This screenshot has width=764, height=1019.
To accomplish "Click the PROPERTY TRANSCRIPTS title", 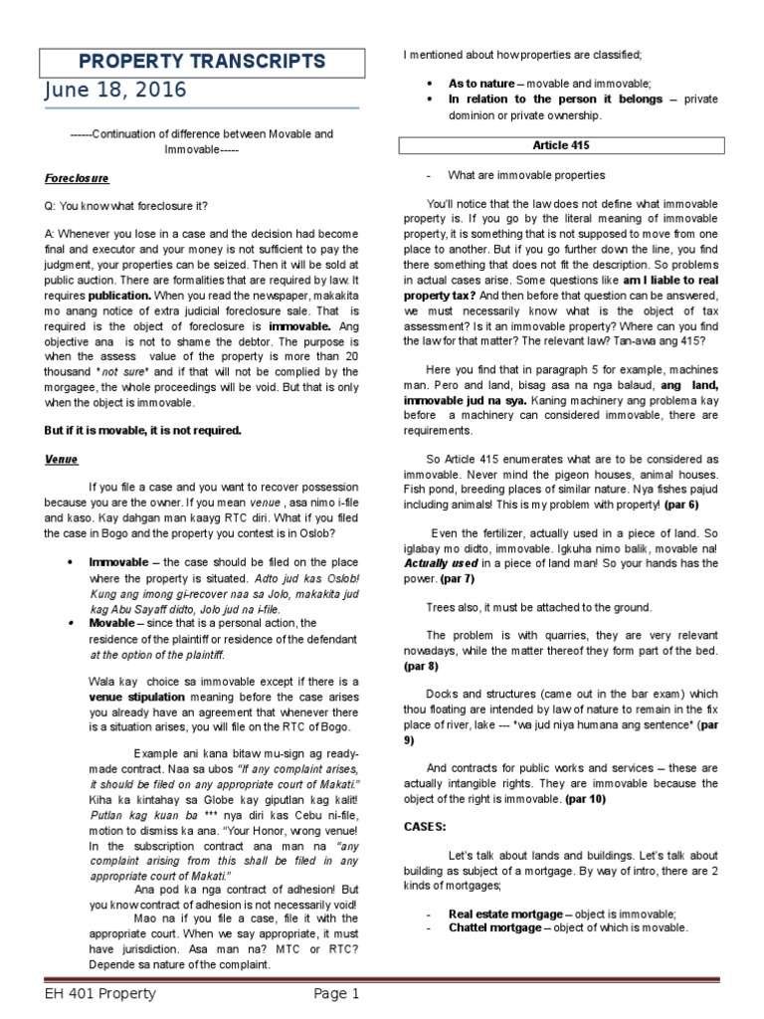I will [x=215, y=62].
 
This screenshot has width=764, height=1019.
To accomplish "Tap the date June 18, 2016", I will [x=114, y=91].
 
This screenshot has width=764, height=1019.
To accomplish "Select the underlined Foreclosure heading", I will [x=77, y=178].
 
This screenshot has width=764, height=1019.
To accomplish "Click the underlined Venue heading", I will [x=62, y=460].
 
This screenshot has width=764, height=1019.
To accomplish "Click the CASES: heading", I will [x=426, y=826].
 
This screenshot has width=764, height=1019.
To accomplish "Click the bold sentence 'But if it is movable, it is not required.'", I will [x=142, y=430].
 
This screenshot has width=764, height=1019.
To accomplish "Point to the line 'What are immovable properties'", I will [x=526, y=175].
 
